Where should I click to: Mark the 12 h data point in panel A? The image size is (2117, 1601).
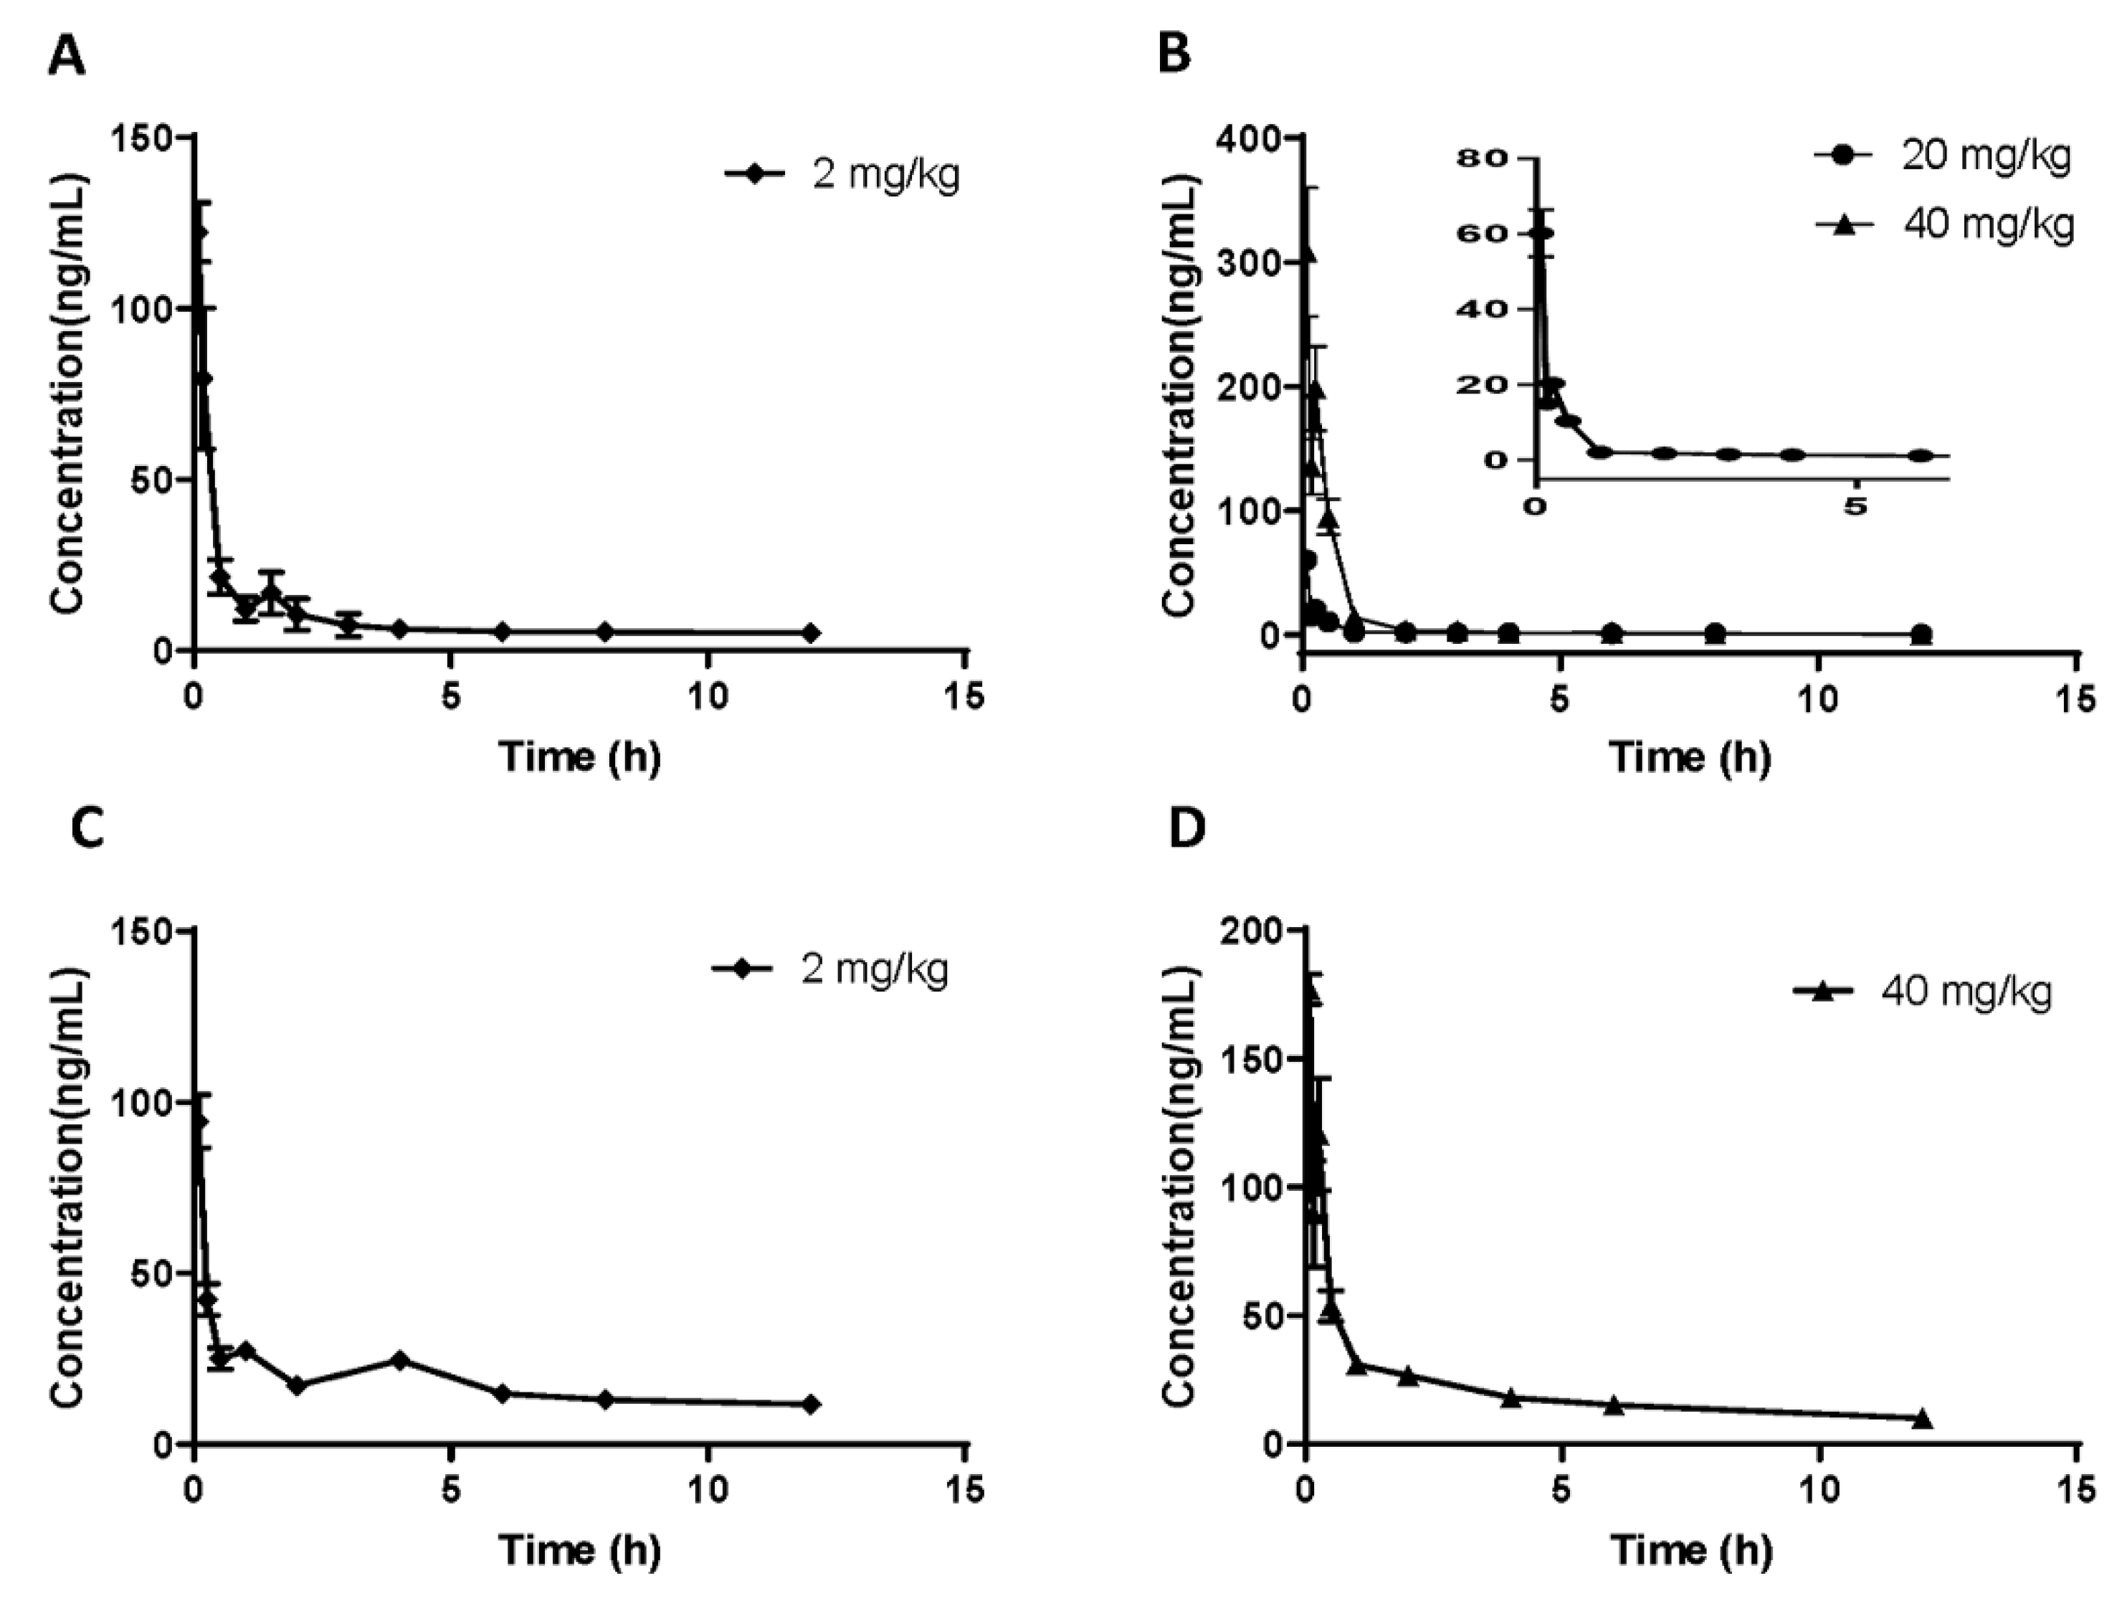pyautogui.click(x=811, y=632)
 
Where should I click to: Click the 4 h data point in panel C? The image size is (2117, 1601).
pyautogui.click(x=400, y=1360)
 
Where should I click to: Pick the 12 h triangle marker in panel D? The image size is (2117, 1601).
pyautogui.click(x=1921, y=1419)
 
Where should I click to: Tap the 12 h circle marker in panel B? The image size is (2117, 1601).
pyautogui.click(x=1920, y=634)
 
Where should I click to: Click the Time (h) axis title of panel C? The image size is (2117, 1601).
pyautogui.click(x=580, y=1549)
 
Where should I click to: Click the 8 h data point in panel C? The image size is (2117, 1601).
pyautogui.click(x=605, y=1399)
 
